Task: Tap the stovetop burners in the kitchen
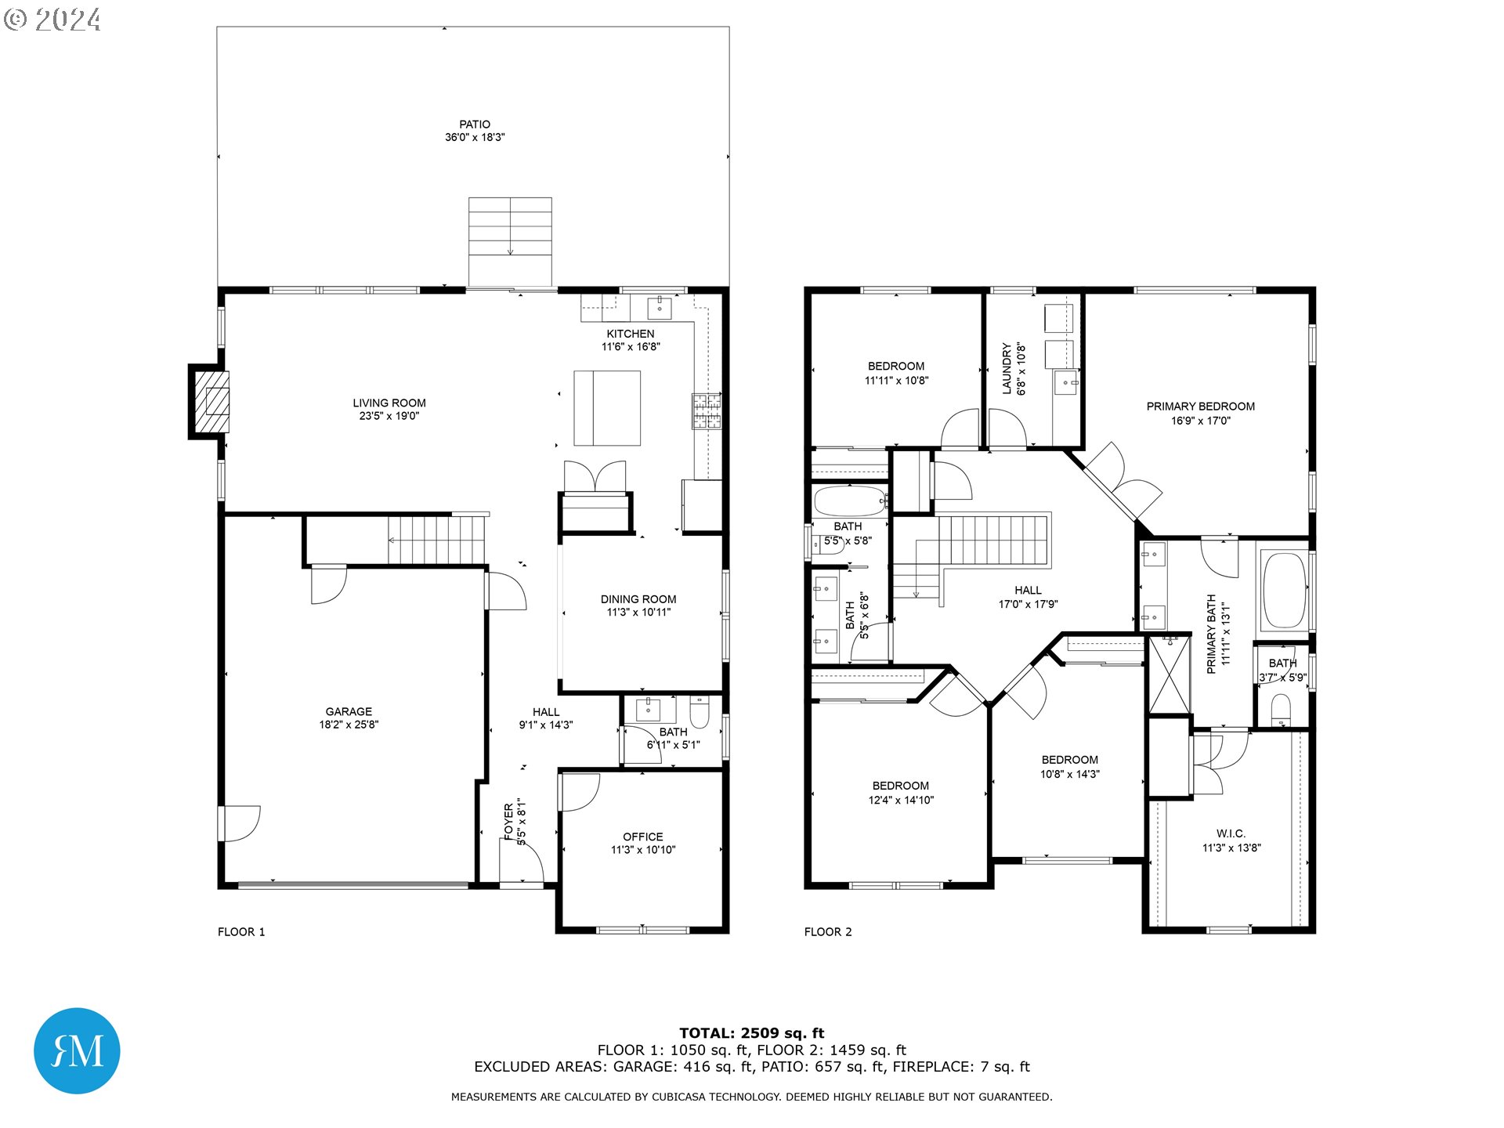pyautogui.click(x=706, y=411)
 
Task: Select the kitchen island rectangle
pyautogui.click(x=607, y=408)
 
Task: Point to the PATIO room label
pyautogui.click(x=475, y=125)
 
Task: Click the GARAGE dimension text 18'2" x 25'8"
pyautogui.click(x=349, y=725)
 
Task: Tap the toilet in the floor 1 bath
pyautogui.click(x=699, y=714)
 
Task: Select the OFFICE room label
pyautogui.click(x=642, y=837)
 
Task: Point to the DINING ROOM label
pyautogui.click(x=638, y=599)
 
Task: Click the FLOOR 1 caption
pyautogui.click(x=241, y=931)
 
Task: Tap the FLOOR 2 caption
pyautogui.click(x=828, y=931)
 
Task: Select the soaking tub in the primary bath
pyautogui.click(x=1284, y=591)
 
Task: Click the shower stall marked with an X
pyautogui.click(x=1168, y=675)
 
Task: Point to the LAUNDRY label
pyautogui.click(x=1007, y=368)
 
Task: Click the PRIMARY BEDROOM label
pyautogui.click(x=1200, y=407)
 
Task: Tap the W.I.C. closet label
pyautogui.click(x=1231, y=833)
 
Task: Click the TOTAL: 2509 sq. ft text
pyautogui.click(x=751, y=1033)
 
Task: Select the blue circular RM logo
pyautogui.click(x=77, y=1050)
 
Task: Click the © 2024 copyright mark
pyautogui.click(x=52, y=20)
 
